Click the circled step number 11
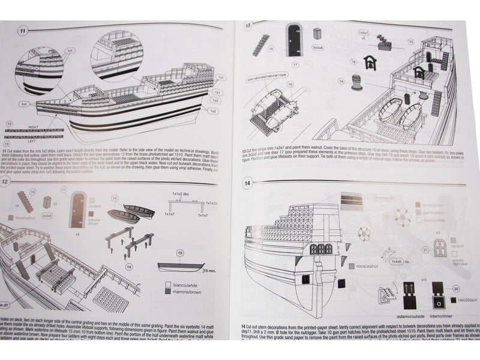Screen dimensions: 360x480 23,29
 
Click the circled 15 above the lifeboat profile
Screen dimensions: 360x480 179,253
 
